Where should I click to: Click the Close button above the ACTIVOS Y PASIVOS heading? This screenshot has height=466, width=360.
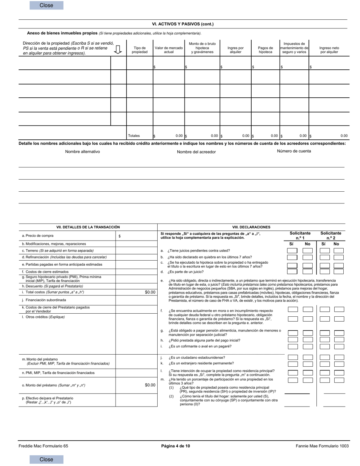point(46,5)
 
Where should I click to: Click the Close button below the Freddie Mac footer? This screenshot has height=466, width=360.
point(46,459)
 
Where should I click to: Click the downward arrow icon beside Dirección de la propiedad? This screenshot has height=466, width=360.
point(118,49)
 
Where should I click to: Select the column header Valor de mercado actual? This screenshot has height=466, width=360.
point(169,50)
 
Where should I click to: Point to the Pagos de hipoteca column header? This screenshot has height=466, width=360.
point(265,50)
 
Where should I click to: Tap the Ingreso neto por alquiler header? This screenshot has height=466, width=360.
point(329,50)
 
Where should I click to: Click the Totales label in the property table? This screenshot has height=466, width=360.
point(134,136)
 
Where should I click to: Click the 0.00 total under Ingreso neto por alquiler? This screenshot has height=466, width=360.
point(344,136)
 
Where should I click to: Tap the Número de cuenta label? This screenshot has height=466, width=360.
point(294,151)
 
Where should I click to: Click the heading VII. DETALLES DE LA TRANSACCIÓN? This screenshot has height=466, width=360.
point(88,227)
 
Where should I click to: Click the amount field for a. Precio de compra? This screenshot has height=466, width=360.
point(136,236)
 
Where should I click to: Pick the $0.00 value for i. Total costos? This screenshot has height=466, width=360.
point(150,292)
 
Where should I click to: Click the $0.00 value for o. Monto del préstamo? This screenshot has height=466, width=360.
point(150,385)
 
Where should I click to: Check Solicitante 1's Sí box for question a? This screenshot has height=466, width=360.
point(292,250)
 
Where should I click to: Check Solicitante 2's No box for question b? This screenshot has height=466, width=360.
point(339,257)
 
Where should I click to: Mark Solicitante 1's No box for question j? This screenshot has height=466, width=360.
point(308,357)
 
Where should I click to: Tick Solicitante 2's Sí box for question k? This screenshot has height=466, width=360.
point(325,364)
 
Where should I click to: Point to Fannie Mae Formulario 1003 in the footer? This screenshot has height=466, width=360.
point(322,446)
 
